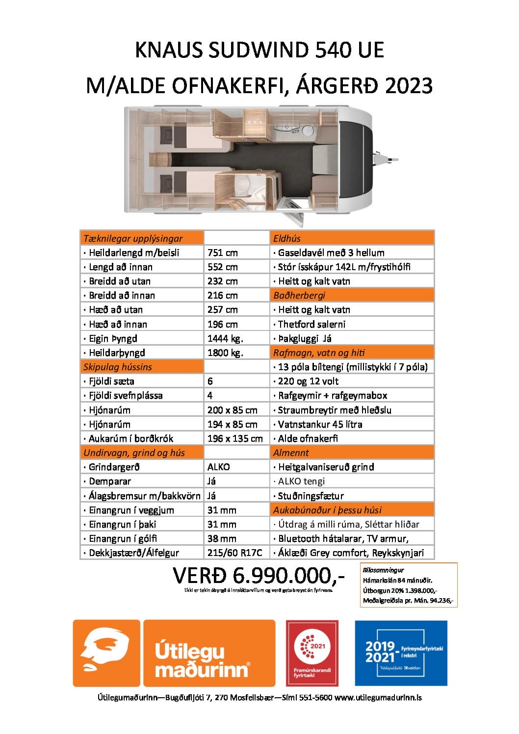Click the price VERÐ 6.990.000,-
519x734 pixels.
coord(259,576)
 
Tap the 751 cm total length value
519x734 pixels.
coord(222,253)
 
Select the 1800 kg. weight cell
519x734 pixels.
coord(225,353)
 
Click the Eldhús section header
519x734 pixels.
coord(287,238)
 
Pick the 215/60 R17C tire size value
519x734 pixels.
coord(234,553)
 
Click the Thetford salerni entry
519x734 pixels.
coord(311,324)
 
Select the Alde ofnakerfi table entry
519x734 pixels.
coord(308,438)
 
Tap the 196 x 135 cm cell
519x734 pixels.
coord(235,438)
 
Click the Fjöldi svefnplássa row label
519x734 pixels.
coord(126,395)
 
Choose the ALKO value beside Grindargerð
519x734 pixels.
coord(218,467)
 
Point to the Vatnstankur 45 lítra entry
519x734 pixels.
coord(320,424)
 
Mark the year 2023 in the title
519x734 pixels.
coord(409,86)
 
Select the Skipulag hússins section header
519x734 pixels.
coord(118,367)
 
